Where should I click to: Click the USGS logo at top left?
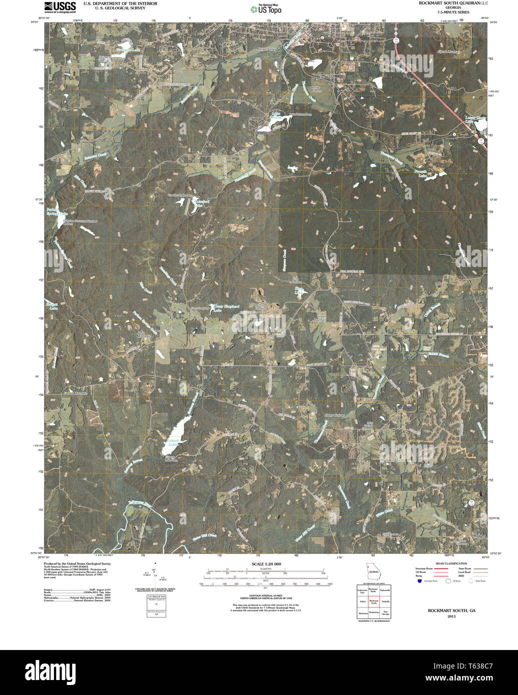point(60,6)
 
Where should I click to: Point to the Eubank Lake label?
point(172,442)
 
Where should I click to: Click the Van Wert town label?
point(325,76)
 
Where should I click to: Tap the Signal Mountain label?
point(448,51)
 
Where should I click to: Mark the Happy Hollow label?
point(335,415)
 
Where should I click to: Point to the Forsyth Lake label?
point(429,174)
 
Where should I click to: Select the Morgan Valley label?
point(266,49)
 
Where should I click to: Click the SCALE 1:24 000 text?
point(266,564)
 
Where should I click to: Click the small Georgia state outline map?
point(373,570)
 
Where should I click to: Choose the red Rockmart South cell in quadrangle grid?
point(373,602)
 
